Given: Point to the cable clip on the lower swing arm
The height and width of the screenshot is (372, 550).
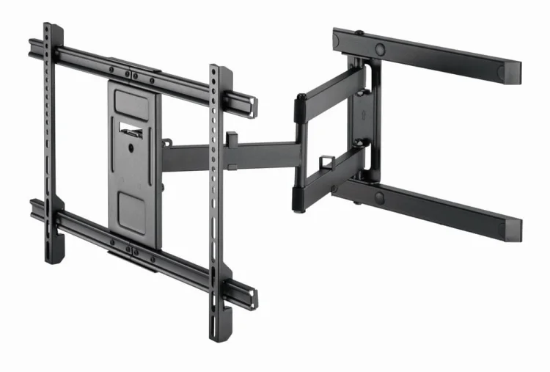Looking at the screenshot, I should pyautogui.click(x=325, y=160).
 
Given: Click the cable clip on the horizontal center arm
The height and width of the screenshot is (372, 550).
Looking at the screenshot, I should pyautogui.click(x=232, y=138).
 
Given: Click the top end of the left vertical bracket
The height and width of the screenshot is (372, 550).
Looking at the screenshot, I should pyautogui.click(x=48, y=29).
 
